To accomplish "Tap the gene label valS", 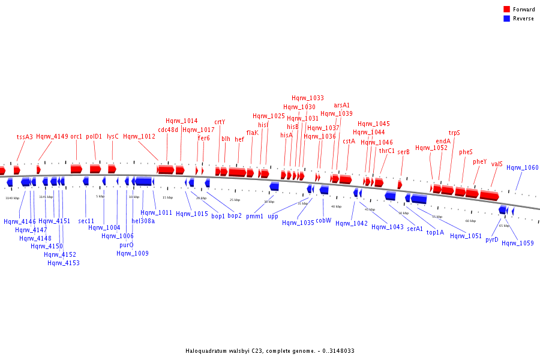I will point(497,164).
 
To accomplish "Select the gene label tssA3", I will point(25,137).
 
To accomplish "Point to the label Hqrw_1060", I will point(522,168).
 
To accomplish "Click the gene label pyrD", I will point(492,239).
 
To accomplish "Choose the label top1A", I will point(435,232).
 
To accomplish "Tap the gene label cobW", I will point(323,220).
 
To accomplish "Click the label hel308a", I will point(143,221).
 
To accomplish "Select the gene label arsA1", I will point(342,106).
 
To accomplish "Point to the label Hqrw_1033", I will point(308,98).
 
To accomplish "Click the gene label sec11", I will point(86,221).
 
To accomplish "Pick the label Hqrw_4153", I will point(64,263).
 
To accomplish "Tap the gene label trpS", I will point(454,133).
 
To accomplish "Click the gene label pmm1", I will point(254,216).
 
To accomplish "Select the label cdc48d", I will point(168,130).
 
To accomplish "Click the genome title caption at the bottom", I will point(269,351).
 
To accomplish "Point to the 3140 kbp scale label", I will point(12,197).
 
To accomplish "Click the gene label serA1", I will point(415,229).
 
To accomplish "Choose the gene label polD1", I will point(94,137).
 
